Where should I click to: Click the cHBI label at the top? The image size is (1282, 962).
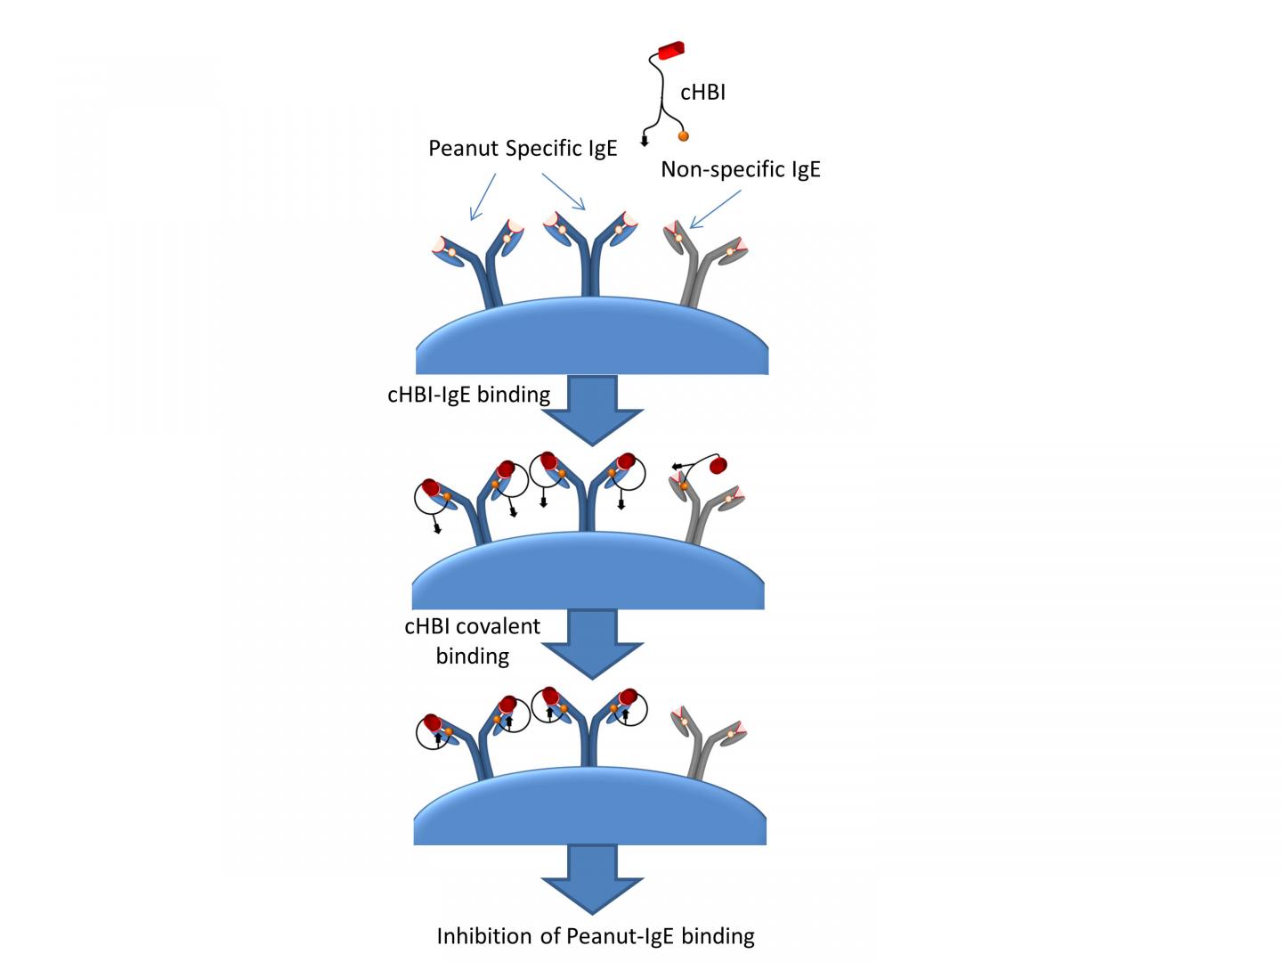click(x=702, y=93)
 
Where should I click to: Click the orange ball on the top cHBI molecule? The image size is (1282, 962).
click(x=684, y=136)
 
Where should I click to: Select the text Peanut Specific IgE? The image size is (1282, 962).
click(x=523, y=148)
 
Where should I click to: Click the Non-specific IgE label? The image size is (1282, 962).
click(x=740, y=169)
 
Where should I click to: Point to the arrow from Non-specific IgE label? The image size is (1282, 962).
click(x=715, y=210)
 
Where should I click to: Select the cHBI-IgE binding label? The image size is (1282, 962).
click(x=468, y=394)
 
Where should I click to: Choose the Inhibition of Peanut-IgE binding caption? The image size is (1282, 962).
click(x=595, y=936)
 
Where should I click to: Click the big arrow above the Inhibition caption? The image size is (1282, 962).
click(x=591, y=878)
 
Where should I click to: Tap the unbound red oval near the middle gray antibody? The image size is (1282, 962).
click(x=719, y=464)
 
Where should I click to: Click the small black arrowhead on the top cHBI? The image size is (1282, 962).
click(x=645, y=141)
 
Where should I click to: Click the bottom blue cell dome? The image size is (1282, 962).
click(x=590, y=812)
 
